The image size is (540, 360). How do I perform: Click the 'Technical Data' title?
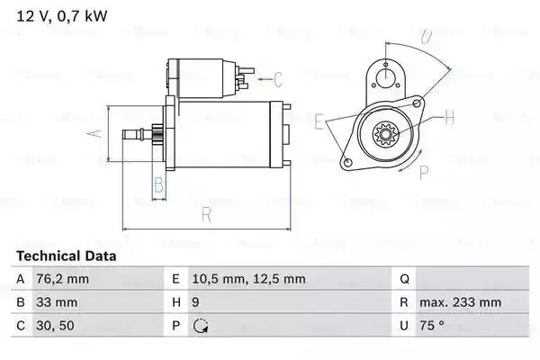66,256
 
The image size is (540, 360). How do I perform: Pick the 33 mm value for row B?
57,302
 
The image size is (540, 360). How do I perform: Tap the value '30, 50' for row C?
55,326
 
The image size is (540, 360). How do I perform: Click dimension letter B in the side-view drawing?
158,186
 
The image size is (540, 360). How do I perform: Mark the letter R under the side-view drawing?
205,216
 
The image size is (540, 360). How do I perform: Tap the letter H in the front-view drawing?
450,116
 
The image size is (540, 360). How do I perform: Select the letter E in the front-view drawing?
319,120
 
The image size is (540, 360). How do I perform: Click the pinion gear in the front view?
385,137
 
